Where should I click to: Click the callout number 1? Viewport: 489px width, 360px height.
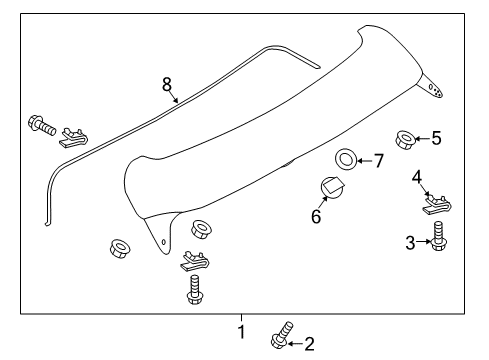[x=241, y=331]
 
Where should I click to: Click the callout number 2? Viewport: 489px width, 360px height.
[x=308, y=344]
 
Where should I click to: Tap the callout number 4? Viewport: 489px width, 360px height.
[x=417, y=178]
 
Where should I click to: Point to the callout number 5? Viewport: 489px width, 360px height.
[x=435, y=137]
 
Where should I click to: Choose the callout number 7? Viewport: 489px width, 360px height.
[x=378, y=161]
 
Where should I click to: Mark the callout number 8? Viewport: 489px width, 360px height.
[x=168, y=84]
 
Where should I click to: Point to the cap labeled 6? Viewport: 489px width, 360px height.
[x=332, y=188]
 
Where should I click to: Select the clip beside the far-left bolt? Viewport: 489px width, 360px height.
[x=73, y=135]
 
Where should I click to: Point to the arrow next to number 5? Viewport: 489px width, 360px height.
[x=423, y=137]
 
